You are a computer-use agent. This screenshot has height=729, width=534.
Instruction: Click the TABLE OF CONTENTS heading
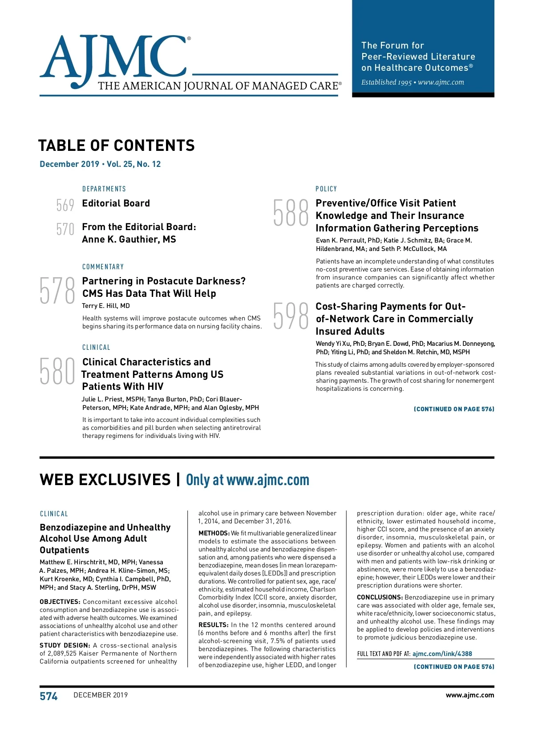coord(117,146)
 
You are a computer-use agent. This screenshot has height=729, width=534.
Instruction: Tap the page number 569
coord(65,205)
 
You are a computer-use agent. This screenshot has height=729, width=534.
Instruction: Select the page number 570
coord(65,229)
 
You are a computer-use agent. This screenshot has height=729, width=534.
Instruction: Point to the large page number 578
coord(57,290)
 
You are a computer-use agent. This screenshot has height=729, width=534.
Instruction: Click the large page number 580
coord(57,371)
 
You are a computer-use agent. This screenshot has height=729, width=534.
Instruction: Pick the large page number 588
coord(291,213)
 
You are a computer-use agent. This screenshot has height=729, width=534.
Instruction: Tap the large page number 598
coord(291,316)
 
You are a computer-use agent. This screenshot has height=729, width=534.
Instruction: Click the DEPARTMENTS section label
coord(104,189)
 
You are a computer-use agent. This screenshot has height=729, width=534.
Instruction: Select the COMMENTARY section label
coord(103,267)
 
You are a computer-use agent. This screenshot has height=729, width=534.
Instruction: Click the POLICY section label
coord(326,189)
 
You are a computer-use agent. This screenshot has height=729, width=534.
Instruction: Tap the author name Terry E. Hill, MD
coord(106,306)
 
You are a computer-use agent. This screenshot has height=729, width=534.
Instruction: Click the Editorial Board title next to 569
coord(116,203)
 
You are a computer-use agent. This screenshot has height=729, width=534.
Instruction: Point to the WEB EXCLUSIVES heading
coord(105,480)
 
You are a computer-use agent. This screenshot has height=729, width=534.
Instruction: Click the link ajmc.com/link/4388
coord(442,654)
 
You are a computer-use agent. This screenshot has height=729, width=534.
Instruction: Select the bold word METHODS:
coord(214,533)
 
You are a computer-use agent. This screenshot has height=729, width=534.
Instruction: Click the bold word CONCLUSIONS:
coord(379,597)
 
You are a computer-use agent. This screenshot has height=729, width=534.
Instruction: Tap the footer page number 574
coord(49,696)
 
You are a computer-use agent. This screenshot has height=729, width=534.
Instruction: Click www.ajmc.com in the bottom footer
coord(469,695)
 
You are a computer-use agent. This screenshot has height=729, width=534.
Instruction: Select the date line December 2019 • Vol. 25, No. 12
coord(100,164)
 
